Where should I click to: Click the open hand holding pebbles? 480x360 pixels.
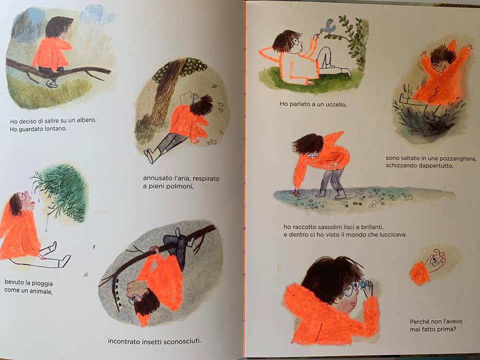tap(436, 260)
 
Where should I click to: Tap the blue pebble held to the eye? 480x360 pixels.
tap(363, 284)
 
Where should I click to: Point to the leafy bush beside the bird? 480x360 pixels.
tap(355, 41)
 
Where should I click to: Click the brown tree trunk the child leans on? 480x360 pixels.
tap(164, 92)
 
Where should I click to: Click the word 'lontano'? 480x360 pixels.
tap(55, 129)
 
